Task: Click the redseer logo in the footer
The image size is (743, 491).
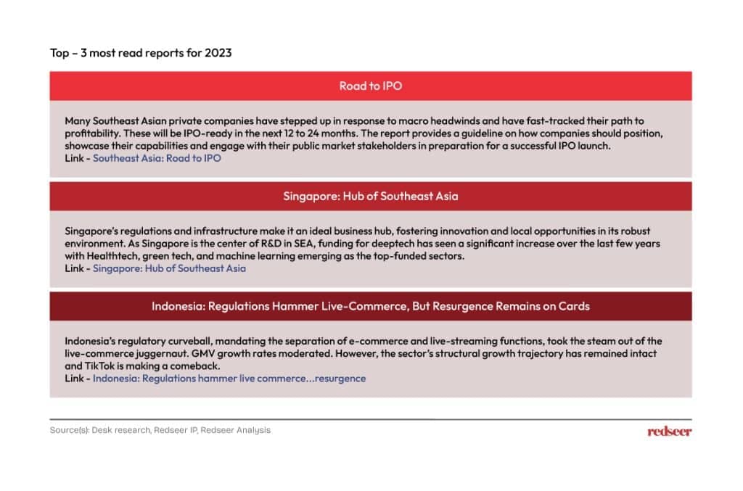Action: (669, 431)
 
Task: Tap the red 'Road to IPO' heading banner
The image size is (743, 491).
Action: (370, 86)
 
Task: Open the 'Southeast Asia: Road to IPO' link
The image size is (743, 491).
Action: (157, 158)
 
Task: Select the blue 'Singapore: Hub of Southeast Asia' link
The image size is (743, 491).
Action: (169, 268)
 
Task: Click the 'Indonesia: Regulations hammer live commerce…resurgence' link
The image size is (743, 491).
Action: (229, 379)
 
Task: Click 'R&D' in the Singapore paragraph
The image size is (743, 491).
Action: (271, 244)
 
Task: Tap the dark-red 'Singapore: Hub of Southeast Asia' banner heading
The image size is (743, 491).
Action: (370, 196)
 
